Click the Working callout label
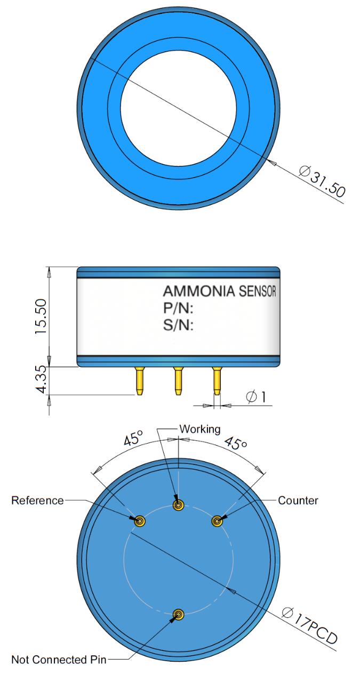click(x=197, y=429)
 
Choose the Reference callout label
click(x=37, y=501)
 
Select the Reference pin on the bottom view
click(x=140, y=521)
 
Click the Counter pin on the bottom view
click(x=217, y=521)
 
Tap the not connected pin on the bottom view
click(x=179, y=615)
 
